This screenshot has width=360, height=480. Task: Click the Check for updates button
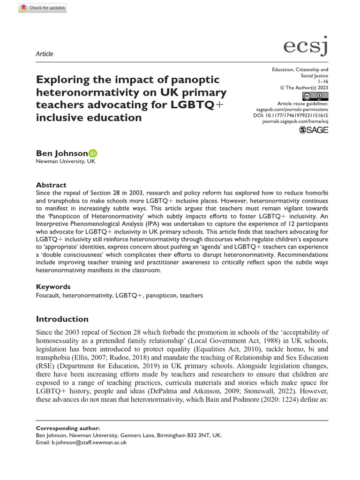coord(43,8)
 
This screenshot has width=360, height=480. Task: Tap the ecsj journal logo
coord(306,46)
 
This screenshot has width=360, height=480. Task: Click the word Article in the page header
coord(45,54)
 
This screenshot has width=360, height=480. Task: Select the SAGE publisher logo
coord(314,130)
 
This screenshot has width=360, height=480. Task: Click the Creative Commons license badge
coord(315,97)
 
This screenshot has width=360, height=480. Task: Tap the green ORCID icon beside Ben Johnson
coord(93,153)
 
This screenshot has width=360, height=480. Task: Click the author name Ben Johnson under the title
coord(62,153)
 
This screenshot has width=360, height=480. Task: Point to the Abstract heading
coord(51,185)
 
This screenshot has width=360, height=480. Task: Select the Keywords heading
coord(53,286)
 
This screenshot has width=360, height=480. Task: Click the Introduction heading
coord(62,319)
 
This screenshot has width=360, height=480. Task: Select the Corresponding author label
coord(67,428)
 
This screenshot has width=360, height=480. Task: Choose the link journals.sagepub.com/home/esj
coord(295,120)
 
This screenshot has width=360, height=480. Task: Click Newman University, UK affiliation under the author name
coord(65,162)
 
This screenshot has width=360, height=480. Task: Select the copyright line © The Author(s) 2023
coord(304,88)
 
